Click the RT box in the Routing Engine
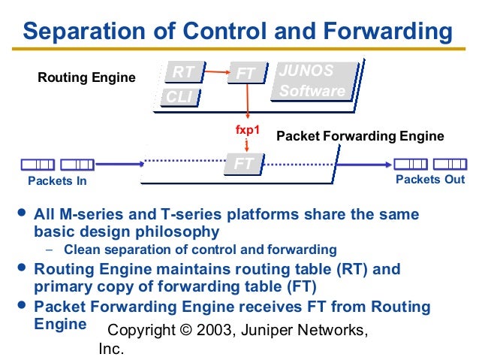[x=184, y=72]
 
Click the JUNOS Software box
[x=312, y=81]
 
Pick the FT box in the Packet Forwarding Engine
[x=243, y=163]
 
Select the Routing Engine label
[x=87, y=77]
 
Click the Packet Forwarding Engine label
[x=360, y=136]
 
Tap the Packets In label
[x=57, y=180]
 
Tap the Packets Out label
[x=430, y=180]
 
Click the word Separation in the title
[x=87, y=33]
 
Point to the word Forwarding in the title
[x=383, y=33]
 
